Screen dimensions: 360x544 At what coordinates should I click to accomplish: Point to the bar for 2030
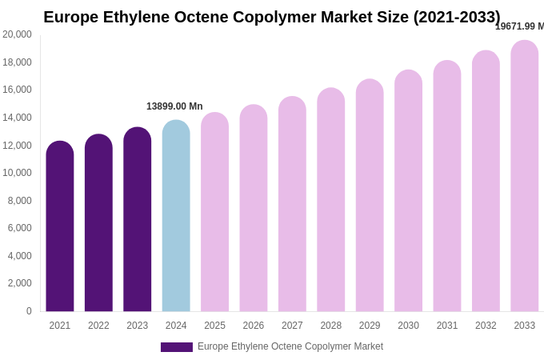pyautogui.click(x=408, y=191)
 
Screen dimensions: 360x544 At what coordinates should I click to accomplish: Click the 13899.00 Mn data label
pyautogui.click(x=174, y=106)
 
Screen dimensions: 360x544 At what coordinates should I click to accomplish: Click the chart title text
pyautogui.click(x=272, y=17)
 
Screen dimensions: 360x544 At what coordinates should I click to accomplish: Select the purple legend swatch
pyautogui.click(x=177, y=347)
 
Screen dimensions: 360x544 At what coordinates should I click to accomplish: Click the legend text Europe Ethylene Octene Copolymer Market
pyautogui.click(x=290, y=346)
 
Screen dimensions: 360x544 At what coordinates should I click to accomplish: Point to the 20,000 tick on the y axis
pyautogui.click(x=17, y=34)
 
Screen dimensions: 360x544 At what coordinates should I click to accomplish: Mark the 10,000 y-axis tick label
pyautogui.click(x=17, y=173)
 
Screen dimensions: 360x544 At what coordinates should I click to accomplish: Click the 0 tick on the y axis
pyautogui.click(x=29, y=311)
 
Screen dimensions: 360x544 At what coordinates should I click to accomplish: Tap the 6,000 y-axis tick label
pyautogui.click(x=20, y=228)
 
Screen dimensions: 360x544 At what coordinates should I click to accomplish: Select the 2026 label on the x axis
pyautogui.click(x=254, y=326)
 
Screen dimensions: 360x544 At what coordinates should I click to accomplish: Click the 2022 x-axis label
pyautogui.click(x=98, y=326)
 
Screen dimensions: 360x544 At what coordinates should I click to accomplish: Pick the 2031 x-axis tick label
pyautogui.click(x=447, y=326)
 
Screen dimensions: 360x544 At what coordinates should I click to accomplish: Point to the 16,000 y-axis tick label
pyautogui.click(x=17, y=90)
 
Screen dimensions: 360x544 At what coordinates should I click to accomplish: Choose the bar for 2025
pyautogui.click(x=214, y=212)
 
